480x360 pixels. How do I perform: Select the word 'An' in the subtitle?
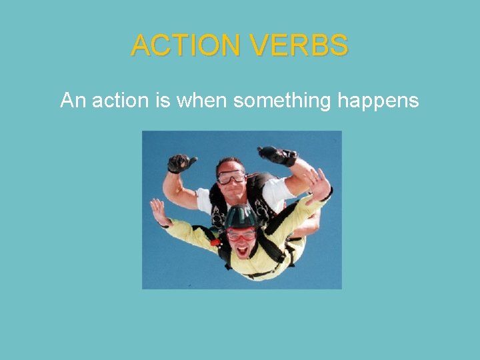tap(72, 101)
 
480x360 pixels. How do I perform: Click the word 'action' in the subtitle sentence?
tap(117, 101)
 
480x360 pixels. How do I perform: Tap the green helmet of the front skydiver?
tap(240, 217)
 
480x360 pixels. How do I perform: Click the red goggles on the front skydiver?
tap(241, 235)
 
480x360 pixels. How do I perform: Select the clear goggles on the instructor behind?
tap(231, 177)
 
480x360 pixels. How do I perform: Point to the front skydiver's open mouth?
tap(241, 251)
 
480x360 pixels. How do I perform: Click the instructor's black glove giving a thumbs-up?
tap(181, 162)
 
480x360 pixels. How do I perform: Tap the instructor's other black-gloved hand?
tap(277, 155)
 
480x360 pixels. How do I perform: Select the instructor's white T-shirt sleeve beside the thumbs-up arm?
tap(204, 199)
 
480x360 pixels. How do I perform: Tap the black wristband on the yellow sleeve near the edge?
tap(167, 223)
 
